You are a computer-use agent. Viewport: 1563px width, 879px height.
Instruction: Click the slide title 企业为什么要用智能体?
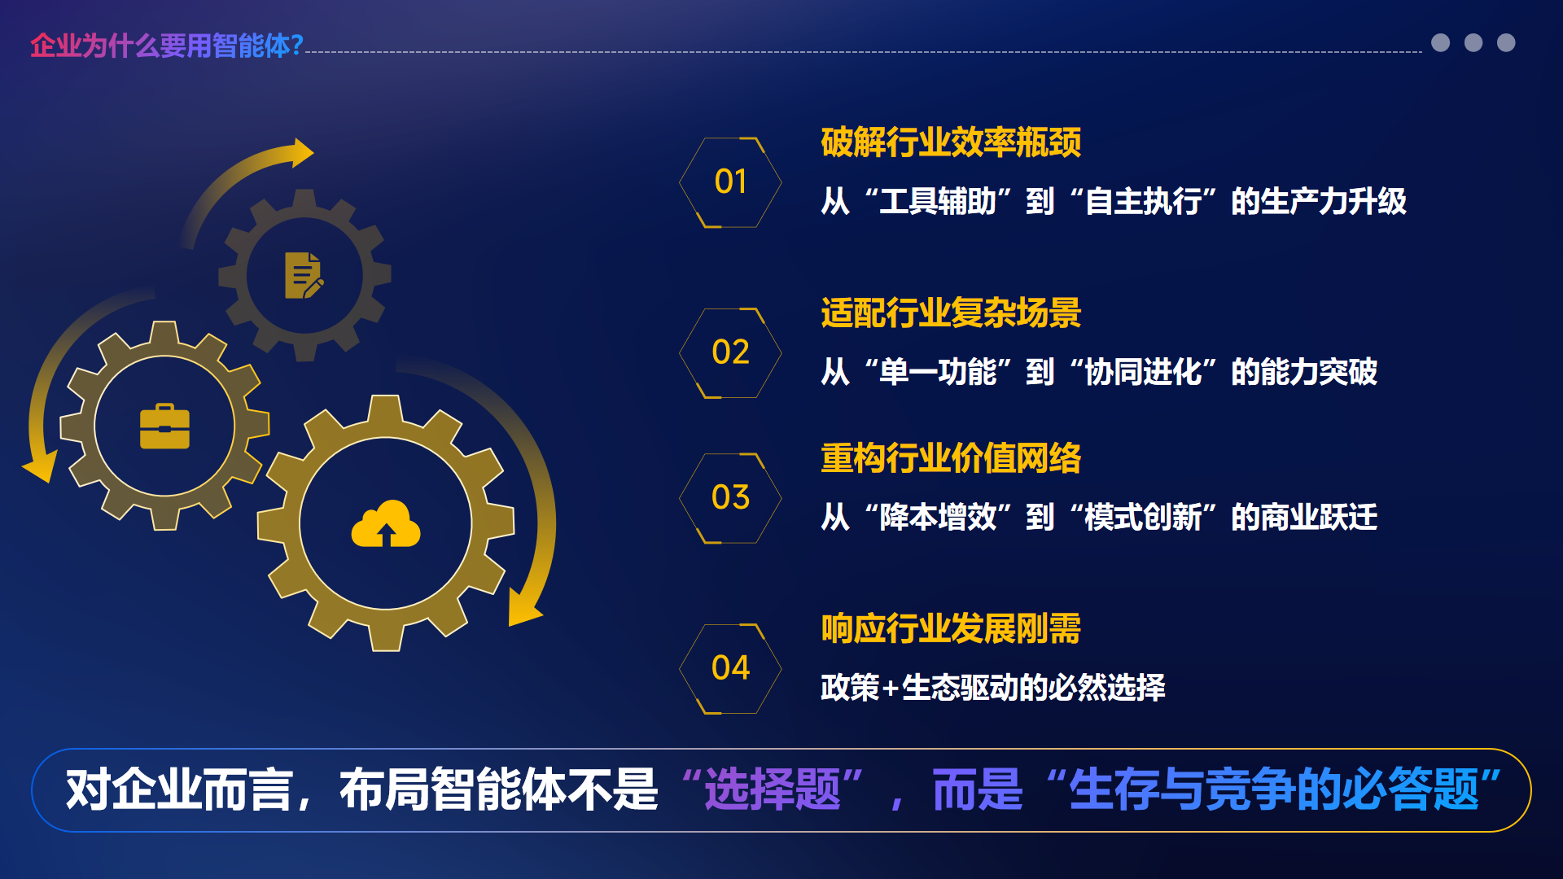[x=167, y=46]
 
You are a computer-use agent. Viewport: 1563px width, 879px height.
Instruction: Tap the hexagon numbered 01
[x=730, y=182]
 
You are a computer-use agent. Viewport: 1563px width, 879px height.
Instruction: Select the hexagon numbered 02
[x=730, y=353]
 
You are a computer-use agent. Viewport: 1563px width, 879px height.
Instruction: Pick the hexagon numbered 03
[x=730, y=498]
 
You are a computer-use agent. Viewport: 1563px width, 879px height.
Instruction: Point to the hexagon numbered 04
[x=730, y=669]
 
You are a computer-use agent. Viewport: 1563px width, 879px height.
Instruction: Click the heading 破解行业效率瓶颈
[x=951, y=142]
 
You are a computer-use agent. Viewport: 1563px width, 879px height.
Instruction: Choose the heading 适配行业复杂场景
[x=951, y=313]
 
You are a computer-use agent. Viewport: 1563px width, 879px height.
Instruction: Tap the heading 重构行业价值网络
[x=951, y=458]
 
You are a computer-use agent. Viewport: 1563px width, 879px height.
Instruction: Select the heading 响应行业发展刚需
[x=951, y=629]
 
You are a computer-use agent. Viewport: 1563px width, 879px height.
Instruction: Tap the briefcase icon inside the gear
[x=164, y=426]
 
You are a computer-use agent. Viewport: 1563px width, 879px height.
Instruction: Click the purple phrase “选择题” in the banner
[x=773, y=789]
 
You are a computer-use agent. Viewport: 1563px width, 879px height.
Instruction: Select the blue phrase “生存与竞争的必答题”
[x=1274, y=789]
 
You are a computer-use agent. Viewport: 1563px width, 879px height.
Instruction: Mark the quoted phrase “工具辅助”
[x=937, y=201]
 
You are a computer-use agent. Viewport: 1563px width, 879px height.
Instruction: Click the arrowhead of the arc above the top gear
[x=302, y=152]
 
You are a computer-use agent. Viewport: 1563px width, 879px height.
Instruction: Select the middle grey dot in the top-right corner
[x=1473, y=42]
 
